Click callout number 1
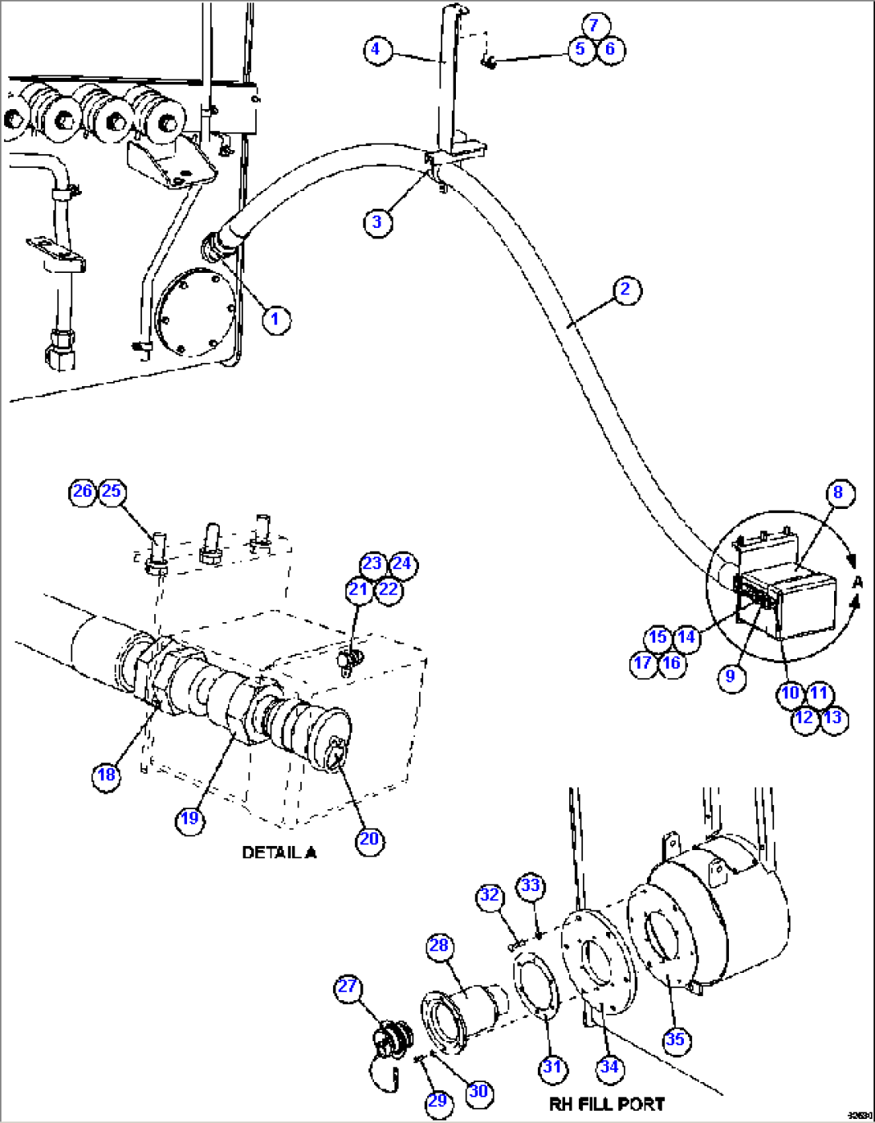pyautogui.click(x=275, y=319)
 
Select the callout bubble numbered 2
pyautogui.click(x=626, y=289)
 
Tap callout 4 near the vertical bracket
pyautogui.click(x=376, y=50)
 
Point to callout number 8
pyautogui.click(x=838, y=492)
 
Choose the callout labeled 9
pyautogui.click(x=730, y=677)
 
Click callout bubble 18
pyautogui.click(x=107, y=775)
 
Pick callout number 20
pyautogui.click(x=369, y=840)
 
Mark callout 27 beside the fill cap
pyautogui.click(x=348, y=987)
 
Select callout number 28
pyautogui.click(x=439, y=946)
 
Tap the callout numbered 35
pyautogui.click(x=676, y=1040)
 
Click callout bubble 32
pyautogui.click(x=490, y=895)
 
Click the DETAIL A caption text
pyautogui.click(x=279, y=852)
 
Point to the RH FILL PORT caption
pyautogui.click(x=607, y=1105)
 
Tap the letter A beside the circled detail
pyautogui.click(x=857, y=582)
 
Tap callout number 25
pyautogui.click(x=112, y=490)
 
